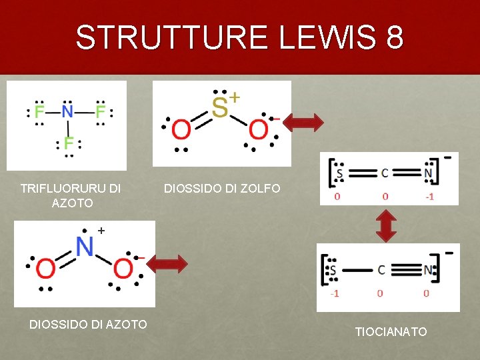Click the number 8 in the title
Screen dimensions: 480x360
[393, 37]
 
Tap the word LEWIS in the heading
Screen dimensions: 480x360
[321, 37]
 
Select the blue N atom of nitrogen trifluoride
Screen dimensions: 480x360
[67, 111]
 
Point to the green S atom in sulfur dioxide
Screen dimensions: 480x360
[219, 107]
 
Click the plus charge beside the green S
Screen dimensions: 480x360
[235, 97]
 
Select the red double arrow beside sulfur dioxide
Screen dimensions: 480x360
[303, 122]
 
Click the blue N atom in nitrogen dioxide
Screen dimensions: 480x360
[84, 247]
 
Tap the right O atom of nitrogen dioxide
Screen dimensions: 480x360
[123, 269]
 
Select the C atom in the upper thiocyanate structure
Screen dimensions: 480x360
[385, 173]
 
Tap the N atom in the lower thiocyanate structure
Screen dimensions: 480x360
[429, 270]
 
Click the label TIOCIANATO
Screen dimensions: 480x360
[391, 331]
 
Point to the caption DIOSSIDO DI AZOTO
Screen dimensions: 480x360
[88, 324]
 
